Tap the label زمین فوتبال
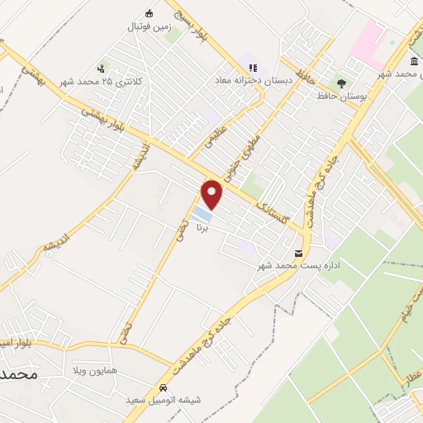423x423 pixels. (x=149, y=26)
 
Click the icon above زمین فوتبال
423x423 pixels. (x=149, y=13)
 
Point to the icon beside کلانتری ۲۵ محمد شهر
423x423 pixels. (x=101, y=68)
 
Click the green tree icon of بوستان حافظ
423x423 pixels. (x=340, y=83)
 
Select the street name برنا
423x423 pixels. (x=202, y=231)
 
